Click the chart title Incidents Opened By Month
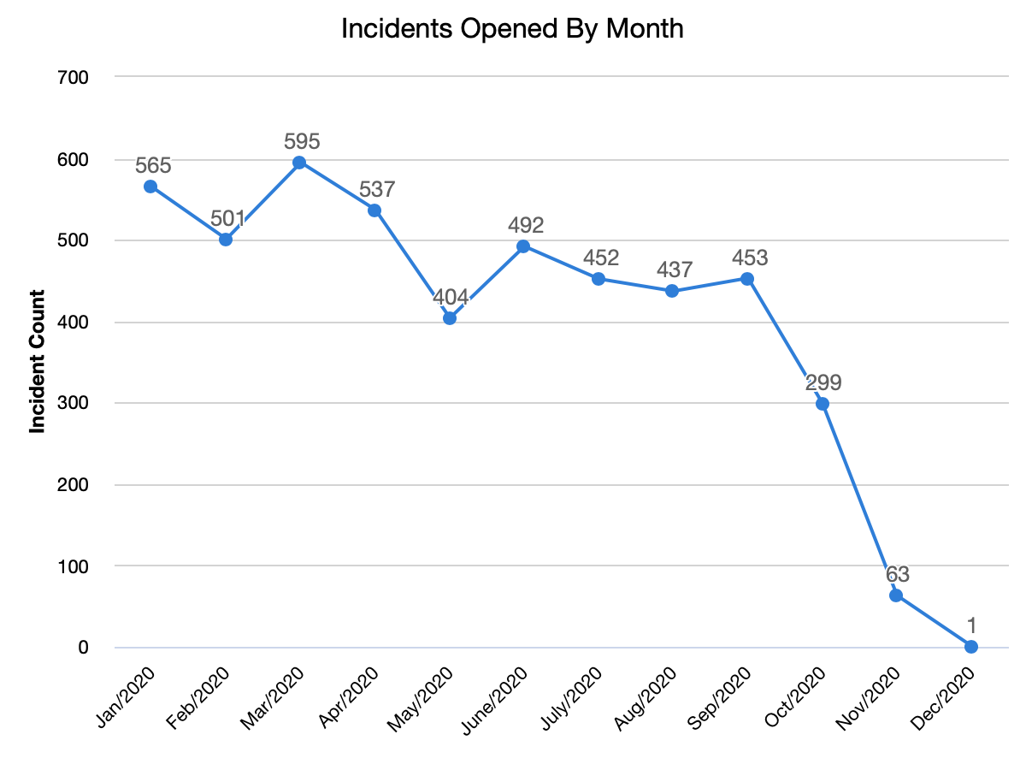coord(512,28)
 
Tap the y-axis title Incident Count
coord(38,362)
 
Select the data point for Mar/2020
coord(299,163)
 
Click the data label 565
coord(153,165)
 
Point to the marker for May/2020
coord(449,318)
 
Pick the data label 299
coord(823,382)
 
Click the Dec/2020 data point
coord(970,647)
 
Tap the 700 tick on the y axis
coord(74,78)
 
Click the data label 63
coord(897,574)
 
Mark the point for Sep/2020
coord(746,279)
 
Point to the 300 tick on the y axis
coord(74,404)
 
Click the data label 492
coord(526,226)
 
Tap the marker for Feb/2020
coord(226,240)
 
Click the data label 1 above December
coord(971,625)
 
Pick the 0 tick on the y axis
coord(83,648)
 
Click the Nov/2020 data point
coord(896,595)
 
